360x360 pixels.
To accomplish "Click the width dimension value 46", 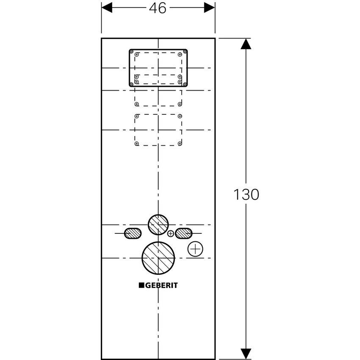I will (x=158, y=8).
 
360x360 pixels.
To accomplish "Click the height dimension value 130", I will (x=246, y=194).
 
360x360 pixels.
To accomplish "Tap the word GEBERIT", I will (x=162, y=285).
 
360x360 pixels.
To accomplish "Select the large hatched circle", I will (x=158, y=258).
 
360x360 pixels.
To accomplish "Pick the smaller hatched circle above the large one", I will (x=158, y=224).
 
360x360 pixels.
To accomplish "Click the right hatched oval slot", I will (x=184, y=233).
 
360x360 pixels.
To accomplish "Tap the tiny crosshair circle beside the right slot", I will (x=171, y=233).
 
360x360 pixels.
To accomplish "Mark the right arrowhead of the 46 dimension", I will (x=210, y=8).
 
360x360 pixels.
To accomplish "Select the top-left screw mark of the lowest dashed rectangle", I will (x=136, y=116).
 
